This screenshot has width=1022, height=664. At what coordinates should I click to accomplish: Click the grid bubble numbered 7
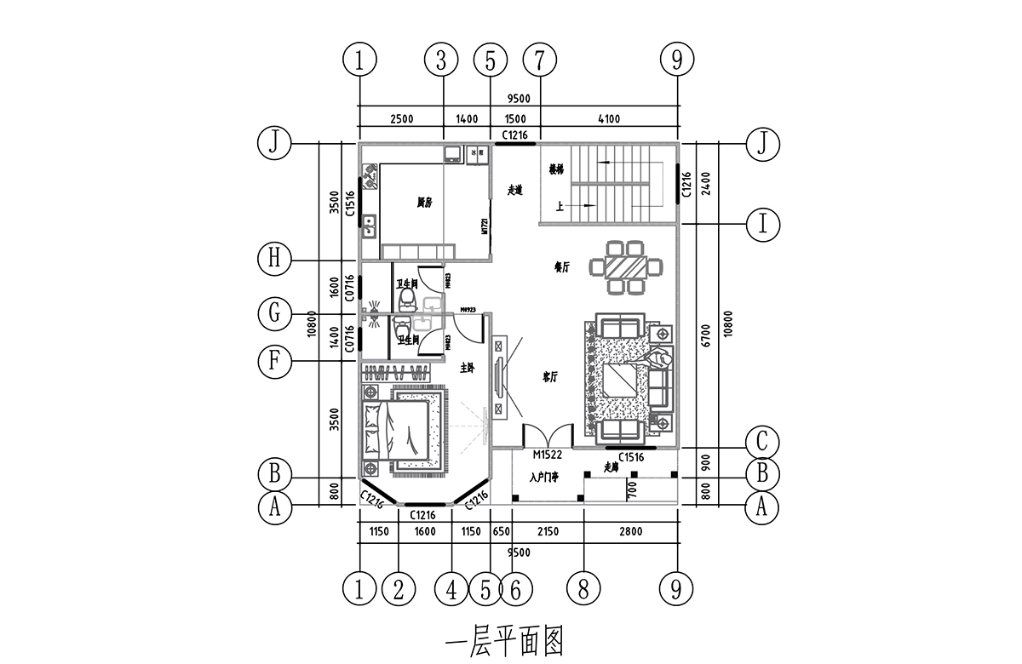[540, 60]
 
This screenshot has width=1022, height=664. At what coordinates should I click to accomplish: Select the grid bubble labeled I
[764, 224]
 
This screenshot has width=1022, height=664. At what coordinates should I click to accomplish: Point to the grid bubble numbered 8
[583, 587]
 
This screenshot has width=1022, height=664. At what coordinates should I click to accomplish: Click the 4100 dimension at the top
[608, 118]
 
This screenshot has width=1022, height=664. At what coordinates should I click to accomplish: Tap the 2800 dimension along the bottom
[630, 532]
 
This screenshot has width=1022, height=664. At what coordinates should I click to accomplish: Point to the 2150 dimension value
[548, 532]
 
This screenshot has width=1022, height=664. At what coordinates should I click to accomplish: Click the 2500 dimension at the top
[401, 118]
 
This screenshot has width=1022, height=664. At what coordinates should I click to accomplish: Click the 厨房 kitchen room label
[424, 203]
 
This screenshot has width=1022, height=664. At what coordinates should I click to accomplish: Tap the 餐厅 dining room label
[561, 267]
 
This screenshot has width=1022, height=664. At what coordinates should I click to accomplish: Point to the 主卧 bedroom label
[467, 369]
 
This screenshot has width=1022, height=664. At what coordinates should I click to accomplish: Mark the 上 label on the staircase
[560, 205]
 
